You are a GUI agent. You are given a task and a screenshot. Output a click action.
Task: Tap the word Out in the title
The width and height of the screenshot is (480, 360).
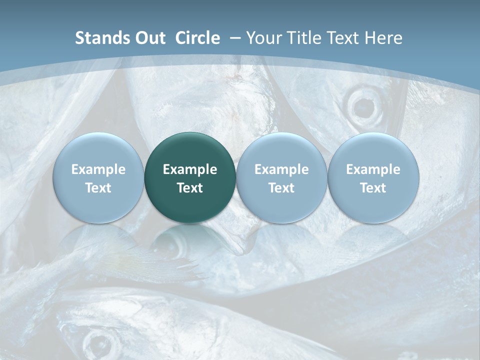pos(149,38)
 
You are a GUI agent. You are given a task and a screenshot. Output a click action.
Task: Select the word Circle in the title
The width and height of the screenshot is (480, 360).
pos(197,38)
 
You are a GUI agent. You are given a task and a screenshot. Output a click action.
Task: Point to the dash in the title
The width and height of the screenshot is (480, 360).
pos(234,38)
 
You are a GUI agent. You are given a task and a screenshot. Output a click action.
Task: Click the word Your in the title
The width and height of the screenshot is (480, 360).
pos(262,38)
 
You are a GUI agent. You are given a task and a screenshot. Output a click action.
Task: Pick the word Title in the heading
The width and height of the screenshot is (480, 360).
pos(301,38)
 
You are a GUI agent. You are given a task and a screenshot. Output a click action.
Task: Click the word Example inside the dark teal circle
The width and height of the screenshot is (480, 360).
pos(190,169)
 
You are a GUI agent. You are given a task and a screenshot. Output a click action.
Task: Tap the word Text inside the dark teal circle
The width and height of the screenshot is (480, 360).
pos(190,188)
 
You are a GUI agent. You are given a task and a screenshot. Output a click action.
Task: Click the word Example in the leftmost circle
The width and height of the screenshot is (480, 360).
pos(98,169)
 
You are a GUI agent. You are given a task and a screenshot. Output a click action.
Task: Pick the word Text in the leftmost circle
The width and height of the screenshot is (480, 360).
pos(98,188)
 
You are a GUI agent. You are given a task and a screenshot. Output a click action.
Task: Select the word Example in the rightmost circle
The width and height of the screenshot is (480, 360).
pos(373,169)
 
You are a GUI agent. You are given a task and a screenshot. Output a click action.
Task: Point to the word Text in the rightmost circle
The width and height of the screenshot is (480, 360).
pos(373,188)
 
